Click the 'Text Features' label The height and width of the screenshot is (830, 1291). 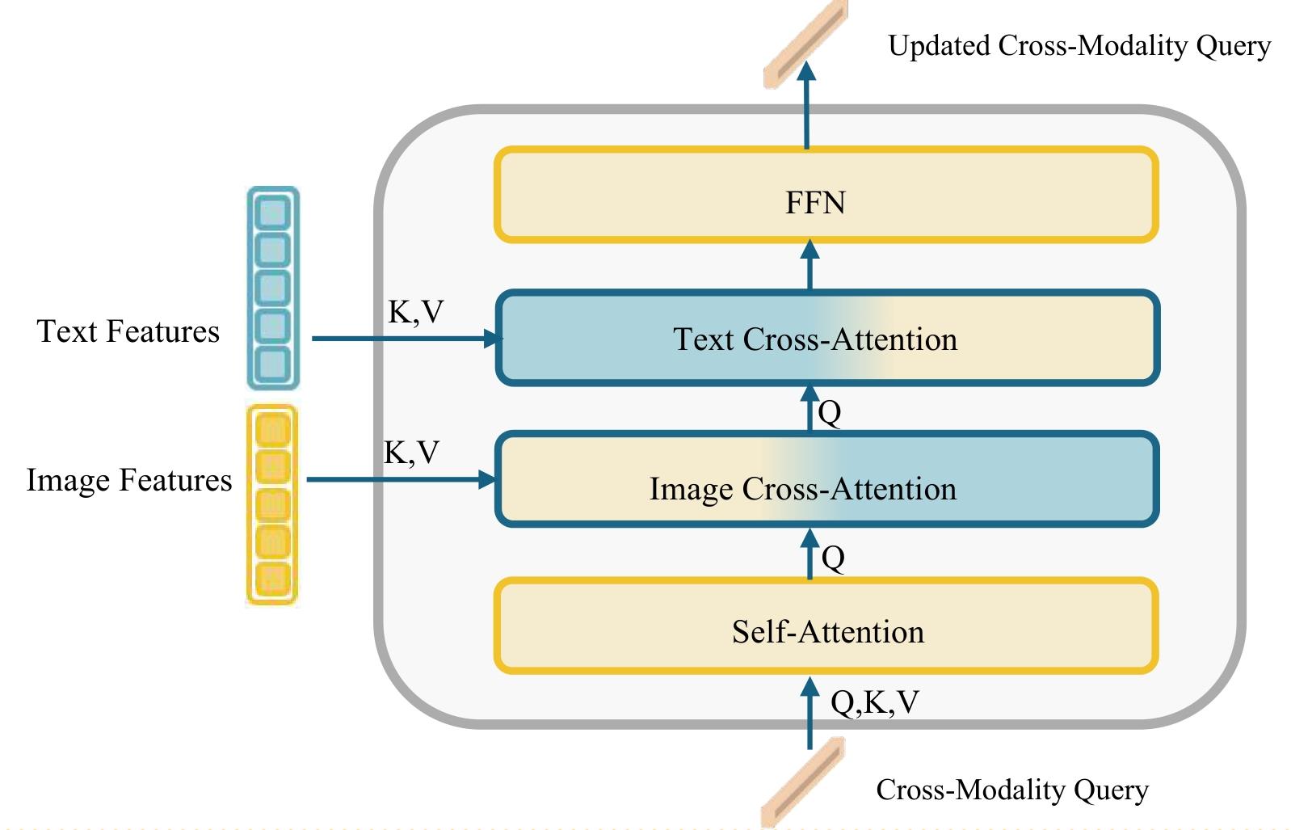[x=128, y=331]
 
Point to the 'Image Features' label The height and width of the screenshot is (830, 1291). [x=129, y=480]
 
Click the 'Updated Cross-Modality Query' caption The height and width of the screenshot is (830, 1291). [x=1079, y=45]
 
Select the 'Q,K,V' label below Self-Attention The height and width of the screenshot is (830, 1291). [x=874, y=702]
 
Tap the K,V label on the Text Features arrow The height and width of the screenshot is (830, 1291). [x=415, y=312]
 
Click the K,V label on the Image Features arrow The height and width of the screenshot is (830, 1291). [x=411, y=453]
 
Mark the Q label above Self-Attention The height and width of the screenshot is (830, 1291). [x=833, y=558]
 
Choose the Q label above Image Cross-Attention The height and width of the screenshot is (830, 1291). [x=830, y=413]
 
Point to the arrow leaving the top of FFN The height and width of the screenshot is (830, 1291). [x=806, y=105]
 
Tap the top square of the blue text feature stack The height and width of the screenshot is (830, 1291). [x=273, y=213]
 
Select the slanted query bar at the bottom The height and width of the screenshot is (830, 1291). [x=803, y=782]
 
